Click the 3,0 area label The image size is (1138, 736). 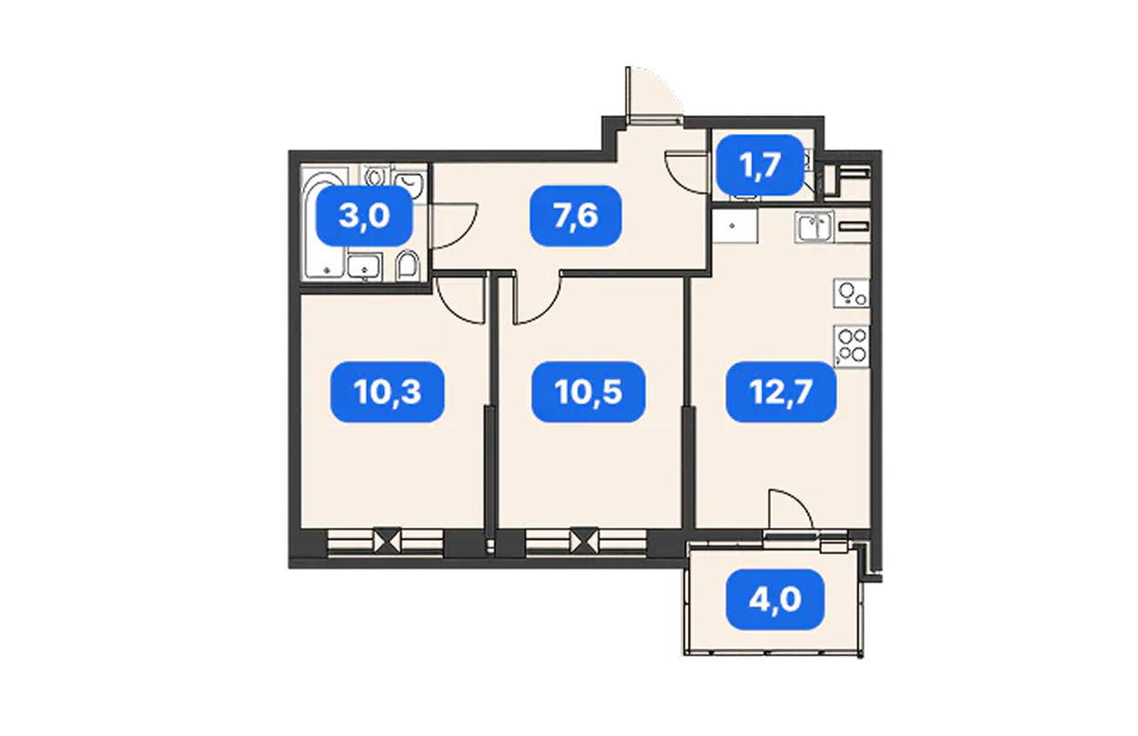click(364, 216)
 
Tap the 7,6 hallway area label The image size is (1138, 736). click(576, 216)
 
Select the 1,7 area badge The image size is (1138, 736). click(760, 165)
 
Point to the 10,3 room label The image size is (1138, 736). click(387, 391)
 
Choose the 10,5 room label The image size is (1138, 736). click(589, 391)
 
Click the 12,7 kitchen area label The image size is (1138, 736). click(781, 391)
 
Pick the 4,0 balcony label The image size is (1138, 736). click(774, 599)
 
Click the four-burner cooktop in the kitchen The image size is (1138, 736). click(852, 347)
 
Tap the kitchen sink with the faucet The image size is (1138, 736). click(814, 227)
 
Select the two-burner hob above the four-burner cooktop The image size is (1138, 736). click(852, 293)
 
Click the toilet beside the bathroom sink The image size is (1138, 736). click(407, 265)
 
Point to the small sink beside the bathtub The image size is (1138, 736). click(364, 267)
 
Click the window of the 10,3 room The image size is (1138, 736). click(386, 542)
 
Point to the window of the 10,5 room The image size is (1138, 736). click(586, 542)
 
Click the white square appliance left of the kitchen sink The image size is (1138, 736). click(735, 226)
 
